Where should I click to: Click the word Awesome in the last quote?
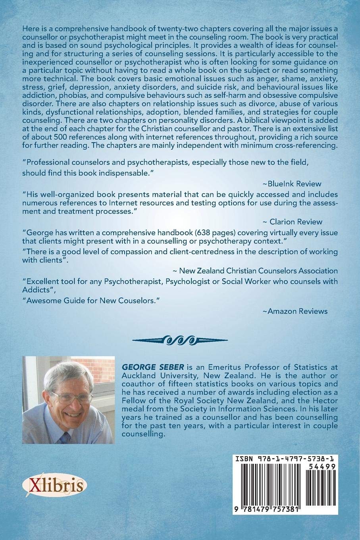click(41, 301)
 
